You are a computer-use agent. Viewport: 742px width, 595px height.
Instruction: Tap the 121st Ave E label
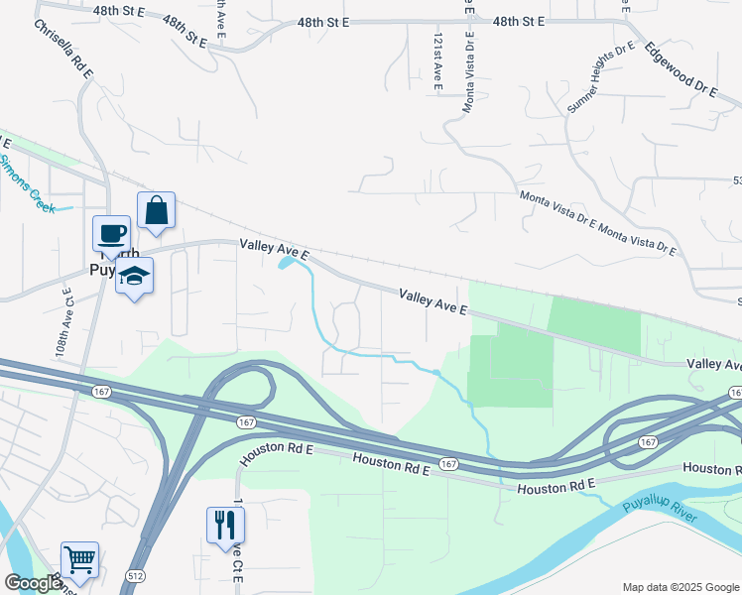[x=436, y=59]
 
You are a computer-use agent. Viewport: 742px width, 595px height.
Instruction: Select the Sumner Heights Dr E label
[x=601, y=76]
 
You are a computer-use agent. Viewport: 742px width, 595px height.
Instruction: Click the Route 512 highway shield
[x=136, y=576]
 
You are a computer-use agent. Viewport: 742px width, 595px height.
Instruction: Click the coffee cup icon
[x=112, y=234]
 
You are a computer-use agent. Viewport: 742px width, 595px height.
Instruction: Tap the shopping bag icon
[x=156, y=210]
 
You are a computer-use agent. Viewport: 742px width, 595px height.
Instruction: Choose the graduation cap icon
[x=134, y=276]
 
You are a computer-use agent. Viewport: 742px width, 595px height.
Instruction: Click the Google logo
[x=33, y=583]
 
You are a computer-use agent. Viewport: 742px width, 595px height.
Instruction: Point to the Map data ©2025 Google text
[x=680, y=587]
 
